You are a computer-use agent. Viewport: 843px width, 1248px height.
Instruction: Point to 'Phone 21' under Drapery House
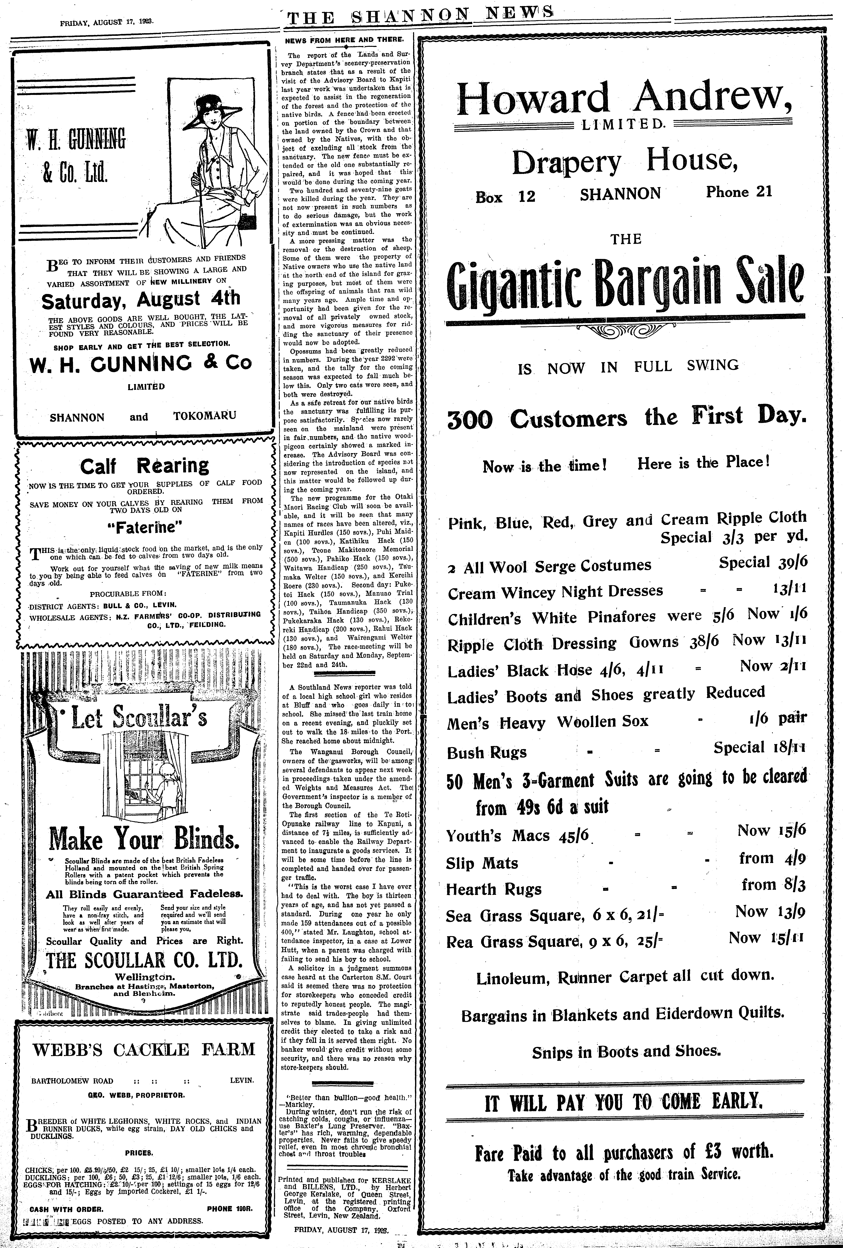[x=739, y=192]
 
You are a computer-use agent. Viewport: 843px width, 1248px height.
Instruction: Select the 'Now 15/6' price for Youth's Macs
[x=772, y=830]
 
